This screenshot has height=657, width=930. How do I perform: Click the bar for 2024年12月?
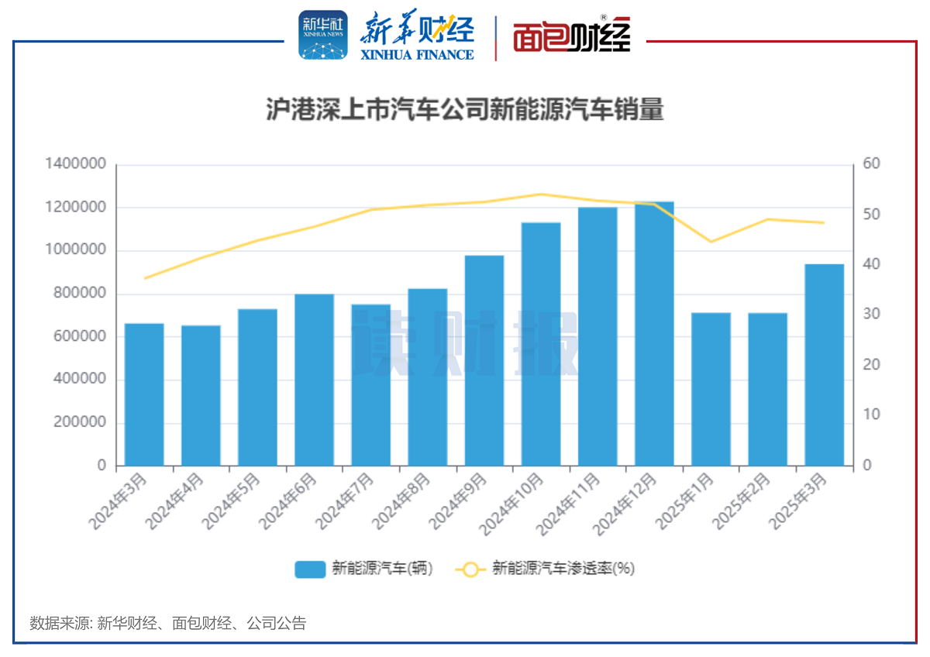click(x=654, y=334)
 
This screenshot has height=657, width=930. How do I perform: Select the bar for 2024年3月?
click(x=144, y=394)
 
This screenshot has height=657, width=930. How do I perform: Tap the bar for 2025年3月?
click(x=824, y=365)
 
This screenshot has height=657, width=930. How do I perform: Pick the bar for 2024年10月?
click(x=541, y=344)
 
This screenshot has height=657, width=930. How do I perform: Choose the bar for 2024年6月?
click(x=314, y=380)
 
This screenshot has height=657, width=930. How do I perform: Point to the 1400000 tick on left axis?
click(x=75, y=164)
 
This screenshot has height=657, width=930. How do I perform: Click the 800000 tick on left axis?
click(x=80, y=294)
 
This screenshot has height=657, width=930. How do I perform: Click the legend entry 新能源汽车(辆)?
click(x=363, y=569)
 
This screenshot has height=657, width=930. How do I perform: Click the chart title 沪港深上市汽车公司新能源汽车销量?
click(x=465, y=110)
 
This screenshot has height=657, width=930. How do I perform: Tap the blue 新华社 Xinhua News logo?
click(x=323, y=35)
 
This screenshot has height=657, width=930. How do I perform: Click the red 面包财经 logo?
click(x=571, y=36)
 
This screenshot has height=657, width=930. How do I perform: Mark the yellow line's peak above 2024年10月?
click(x=541, y=194)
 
